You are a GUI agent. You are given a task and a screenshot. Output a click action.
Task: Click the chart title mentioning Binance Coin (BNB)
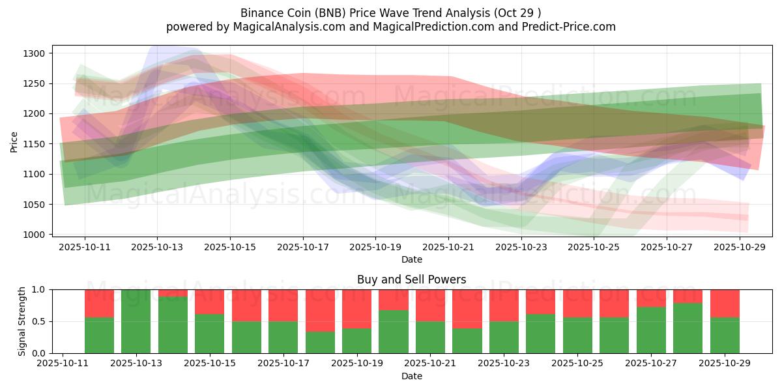[390, 13]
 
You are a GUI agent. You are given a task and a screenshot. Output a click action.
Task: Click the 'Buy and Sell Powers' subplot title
[411, 280]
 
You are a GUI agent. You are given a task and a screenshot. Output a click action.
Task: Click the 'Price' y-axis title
[14, 141]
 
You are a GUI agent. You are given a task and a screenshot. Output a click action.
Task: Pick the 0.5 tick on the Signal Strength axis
[38, 321]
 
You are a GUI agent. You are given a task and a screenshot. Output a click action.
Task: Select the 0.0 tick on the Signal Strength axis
[38, 353]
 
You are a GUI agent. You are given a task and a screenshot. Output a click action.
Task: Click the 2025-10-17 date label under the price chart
[303, 248]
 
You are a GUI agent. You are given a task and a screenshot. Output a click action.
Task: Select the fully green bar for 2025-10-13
[136, 321]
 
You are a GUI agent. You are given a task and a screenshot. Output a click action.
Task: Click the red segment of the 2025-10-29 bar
[725, 303]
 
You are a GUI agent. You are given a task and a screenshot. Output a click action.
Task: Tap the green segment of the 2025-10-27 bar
[651, 330]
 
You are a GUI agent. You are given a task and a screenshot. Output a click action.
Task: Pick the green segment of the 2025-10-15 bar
[209, 334]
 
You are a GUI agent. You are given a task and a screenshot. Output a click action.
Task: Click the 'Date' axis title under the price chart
[411, 259]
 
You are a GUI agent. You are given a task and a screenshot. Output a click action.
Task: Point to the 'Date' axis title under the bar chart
[411, 376]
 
